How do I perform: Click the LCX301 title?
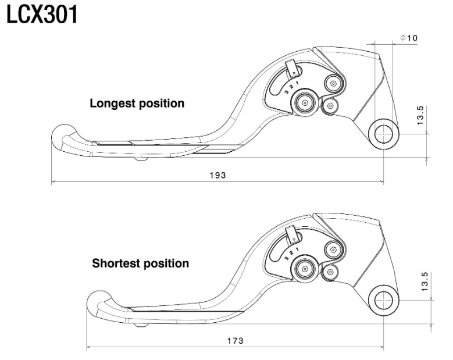[42, 16]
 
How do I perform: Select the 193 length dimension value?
[218, 174]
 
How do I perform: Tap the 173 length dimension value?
[235, 340]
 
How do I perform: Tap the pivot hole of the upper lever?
[383, 134]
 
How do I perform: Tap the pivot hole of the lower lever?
[383, 300]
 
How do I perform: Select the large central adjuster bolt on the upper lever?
[304, 104]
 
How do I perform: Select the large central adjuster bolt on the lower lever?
[304, 269]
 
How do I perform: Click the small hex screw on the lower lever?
[330, 271]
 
